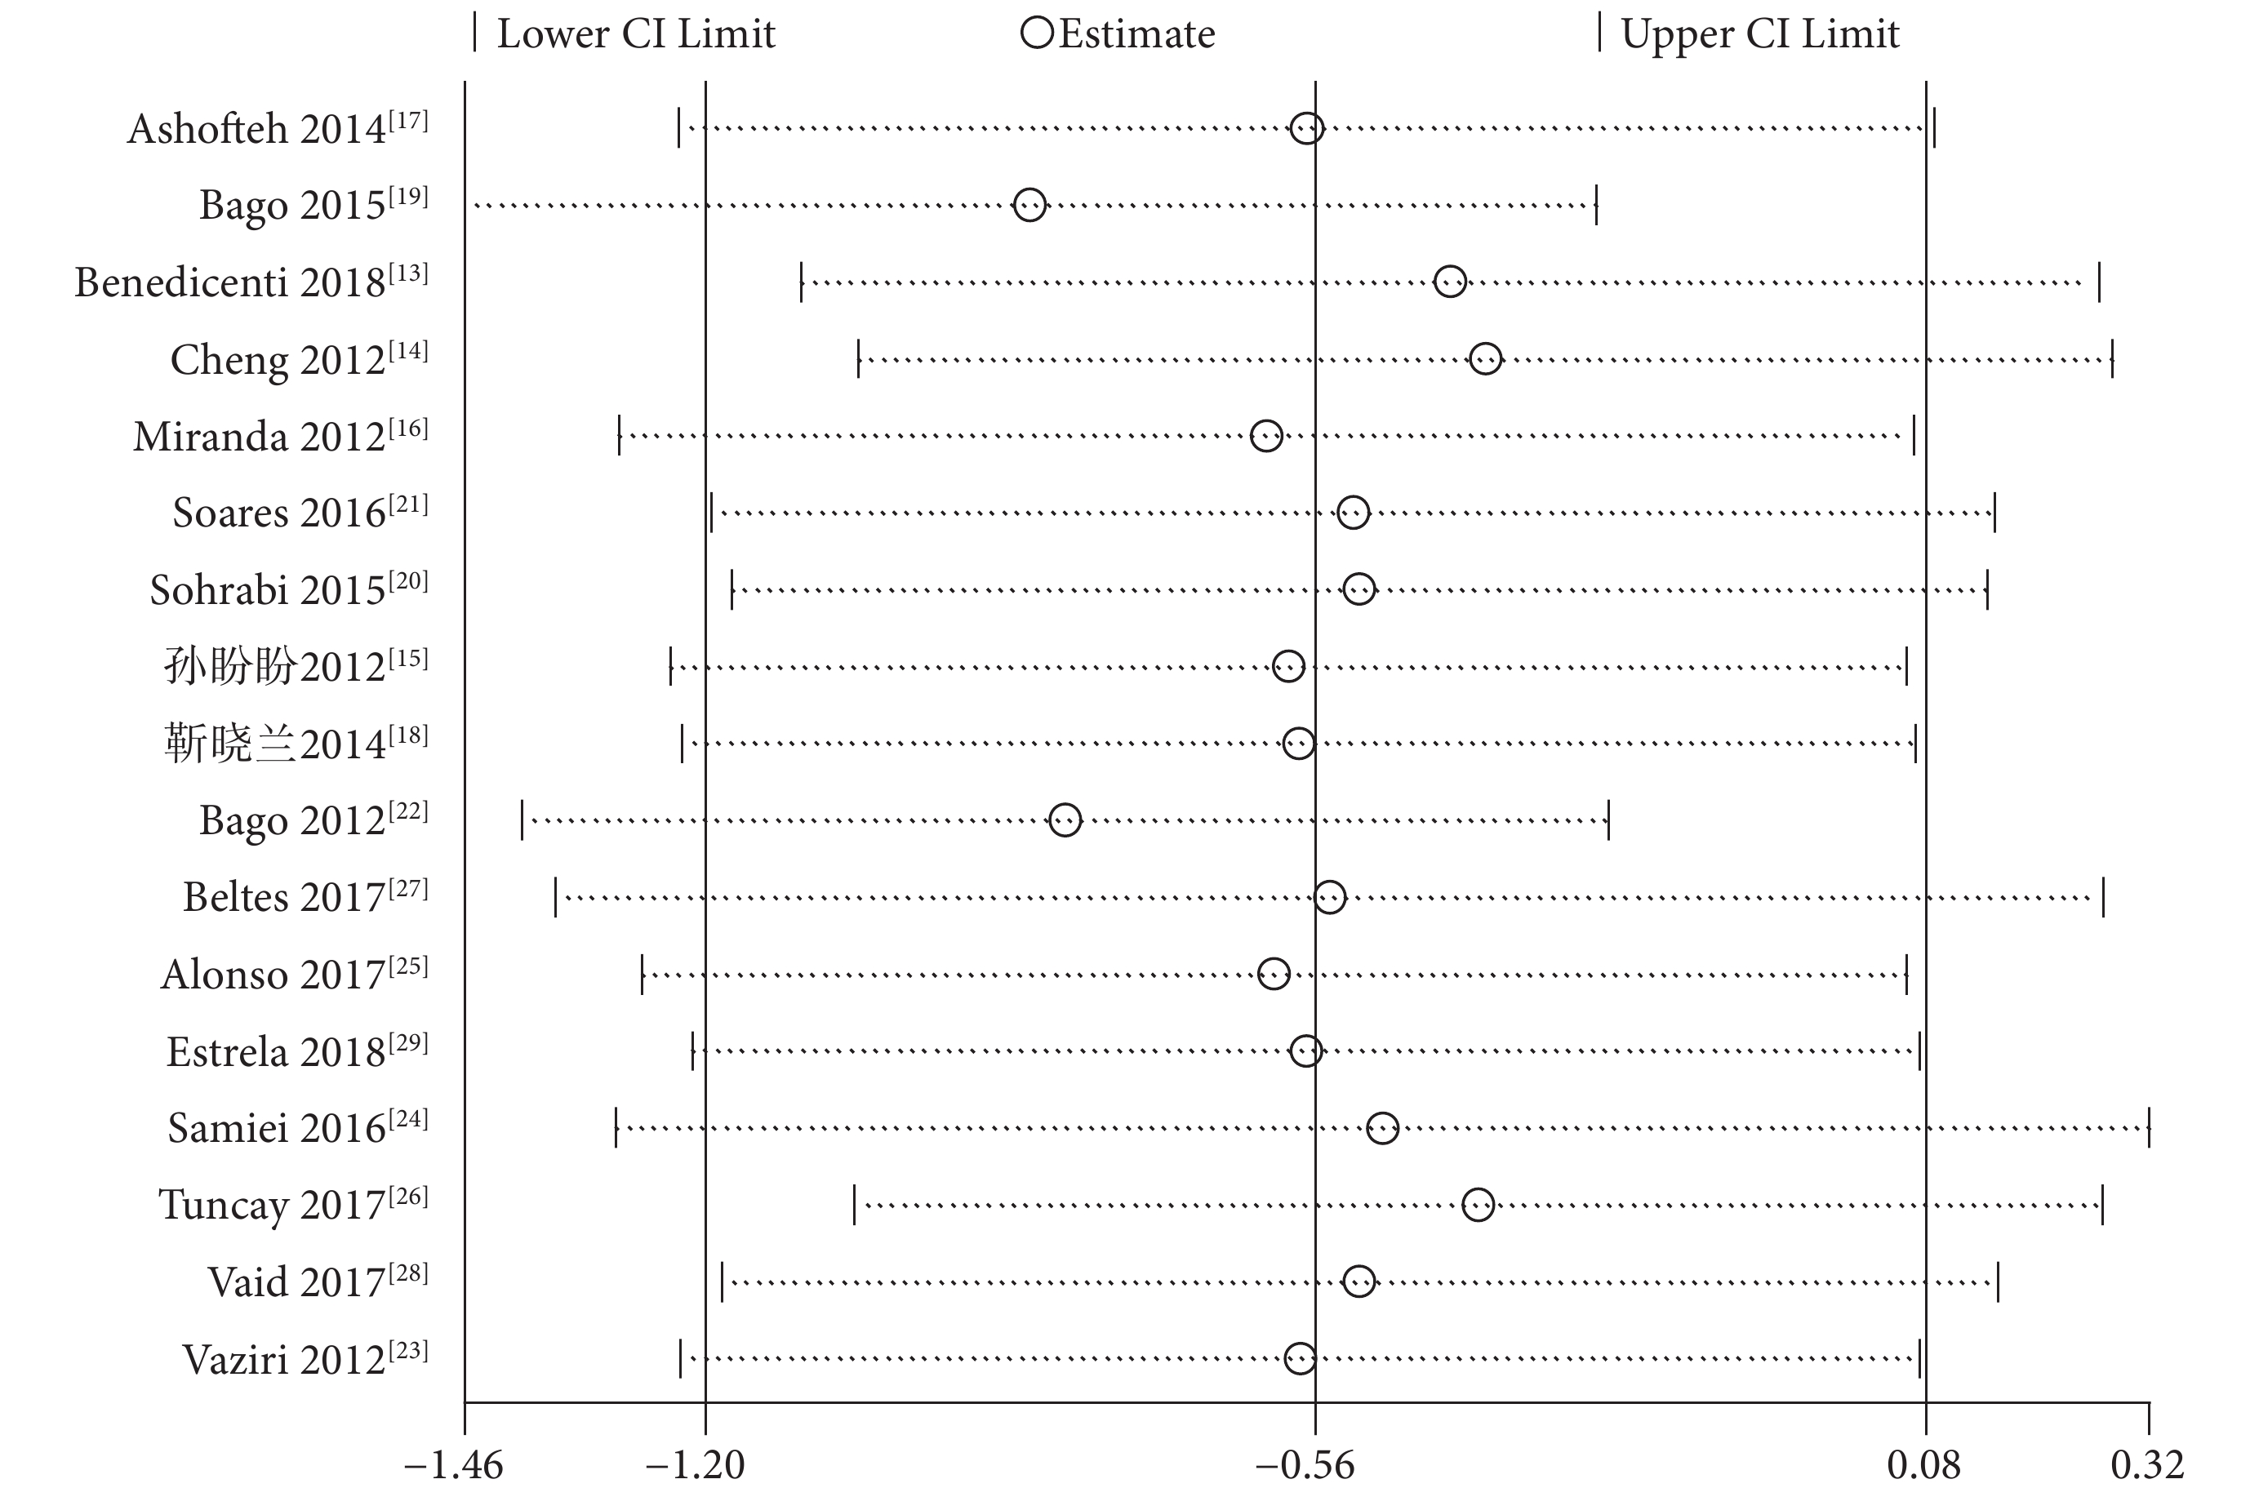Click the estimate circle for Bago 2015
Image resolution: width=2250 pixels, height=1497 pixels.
pyautogui.click(x=1028, y=204)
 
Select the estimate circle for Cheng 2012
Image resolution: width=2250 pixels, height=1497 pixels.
pyautogui.click(x=1484, y=359)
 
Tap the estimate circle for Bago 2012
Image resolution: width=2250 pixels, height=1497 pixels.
pyautogui.click(x=1065, y=820)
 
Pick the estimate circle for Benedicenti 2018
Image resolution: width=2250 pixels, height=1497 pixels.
pyautogui.click(x=1449, y=282)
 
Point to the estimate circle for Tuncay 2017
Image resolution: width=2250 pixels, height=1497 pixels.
pyautogui.click(x=1477, y=1205)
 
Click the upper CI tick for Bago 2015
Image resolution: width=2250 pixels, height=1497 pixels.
pyautogui.click(x=1596, y=205)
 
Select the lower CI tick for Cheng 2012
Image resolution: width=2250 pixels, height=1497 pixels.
pyautogui.click(x=858, y=359)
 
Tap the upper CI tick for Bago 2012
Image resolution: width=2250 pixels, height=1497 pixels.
pyautogui.click(x=1608, y=820)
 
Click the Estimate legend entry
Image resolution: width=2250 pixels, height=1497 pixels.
pyautogui.click(x=1118, y=34)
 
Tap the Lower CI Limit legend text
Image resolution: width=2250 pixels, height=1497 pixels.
pyautogui.click(x=636, y=34)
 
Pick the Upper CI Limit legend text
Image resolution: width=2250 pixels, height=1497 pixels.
pyautogui.click(x=1759, y=34)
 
